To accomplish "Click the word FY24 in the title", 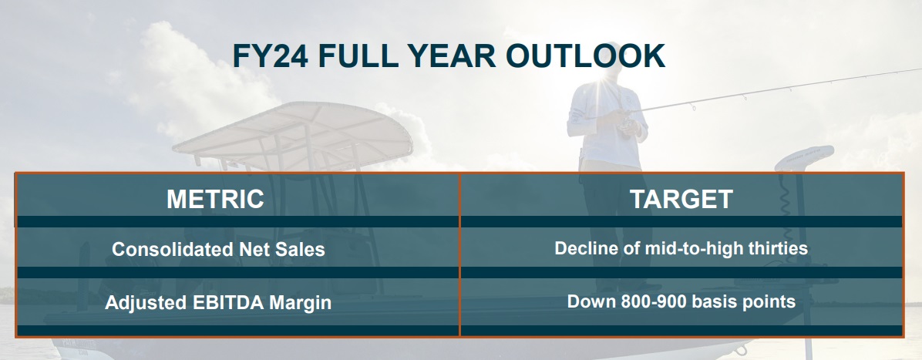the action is tap(270, 56).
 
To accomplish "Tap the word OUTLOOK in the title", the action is tap(585, 56).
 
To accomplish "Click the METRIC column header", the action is tap(215, 199).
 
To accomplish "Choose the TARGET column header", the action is tap(681, 199).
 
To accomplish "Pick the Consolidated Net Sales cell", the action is tap(218, 250).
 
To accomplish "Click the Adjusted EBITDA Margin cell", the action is tap(218, 302).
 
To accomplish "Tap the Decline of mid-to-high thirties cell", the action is tap(681, 248).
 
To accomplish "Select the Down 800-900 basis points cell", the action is tap(681, 301).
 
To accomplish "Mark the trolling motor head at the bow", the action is tap(804, 157).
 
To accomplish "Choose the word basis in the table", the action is tap(713, 301).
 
